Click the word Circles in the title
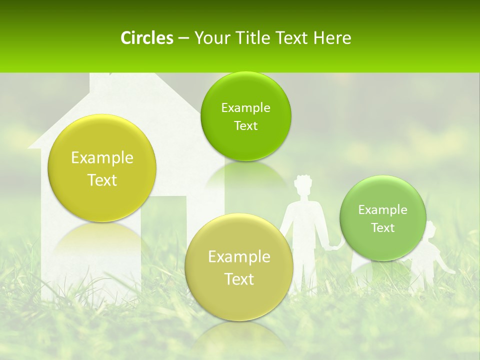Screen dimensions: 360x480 pyautogui.click(x=146, y=38)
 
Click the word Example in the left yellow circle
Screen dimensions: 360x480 pyautogui.click(x=102, y=158)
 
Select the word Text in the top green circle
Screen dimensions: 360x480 pyautogui.click(x=245, y=126)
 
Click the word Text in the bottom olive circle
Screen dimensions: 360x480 pyautogui.click(x=239, y=279)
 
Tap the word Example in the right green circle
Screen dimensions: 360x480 pyautogui.click(x=383, y=210)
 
